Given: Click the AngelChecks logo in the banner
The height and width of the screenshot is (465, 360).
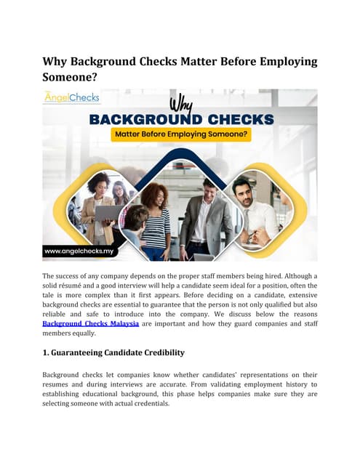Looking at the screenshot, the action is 71,97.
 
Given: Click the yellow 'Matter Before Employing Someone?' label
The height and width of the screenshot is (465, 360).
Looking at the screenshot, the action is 180,135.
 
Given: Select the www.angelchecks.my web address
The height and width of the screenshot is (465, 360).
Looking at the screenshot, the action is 80,251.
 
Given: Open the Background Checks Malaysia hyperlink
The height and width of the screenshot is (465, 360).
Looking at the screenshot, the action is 90,323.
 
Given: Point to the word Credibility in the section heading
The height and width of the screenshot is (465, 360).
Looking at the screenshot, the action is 156,352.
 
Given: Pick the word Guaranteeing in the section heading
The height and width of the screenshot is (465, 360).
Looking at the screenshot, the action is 90,352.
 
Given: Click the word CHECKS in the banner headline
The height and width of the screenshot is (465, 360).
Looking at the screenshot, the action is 235,118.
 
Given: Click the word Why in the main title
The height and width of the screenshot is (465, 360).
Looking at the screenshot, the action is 55,61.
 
